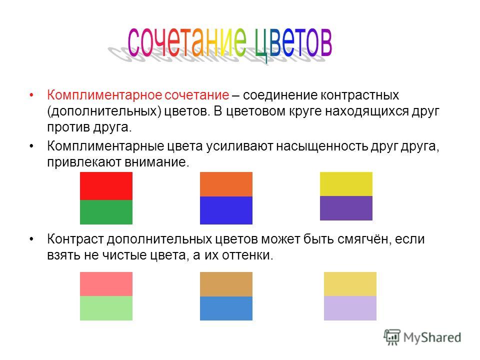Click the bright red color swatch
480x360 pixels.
[106, 186]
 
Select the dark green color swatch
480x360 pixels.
[106, 212]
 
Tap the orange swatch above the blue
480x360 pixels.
[226, 184]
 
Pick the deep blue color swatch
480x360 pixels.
[226, 210]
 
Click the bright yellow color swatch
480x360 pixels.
[346, 184]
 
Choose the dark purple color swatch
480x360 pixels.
[346, 208]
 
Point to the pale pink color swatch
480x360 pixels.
[106, 284]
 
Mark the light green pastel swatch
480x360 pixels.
[106, 308]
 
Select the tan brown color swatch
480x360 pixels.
[226, 284]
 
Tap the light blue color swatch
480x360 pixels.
[226, 308]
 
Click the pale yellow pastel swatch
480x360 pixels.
[350, 284]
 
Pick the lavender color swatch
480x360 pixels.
[350, 308]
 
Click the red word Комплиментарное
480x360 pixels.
[104, 95]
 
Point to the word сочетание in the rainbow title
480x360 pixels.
[186, 42]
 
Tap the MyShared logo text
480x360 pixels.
[432, 337]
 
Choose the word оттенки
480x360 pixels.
[247, 255]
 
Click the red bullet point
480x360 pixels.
[31, 95]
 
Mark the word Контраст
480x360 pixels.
[75, 239]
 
